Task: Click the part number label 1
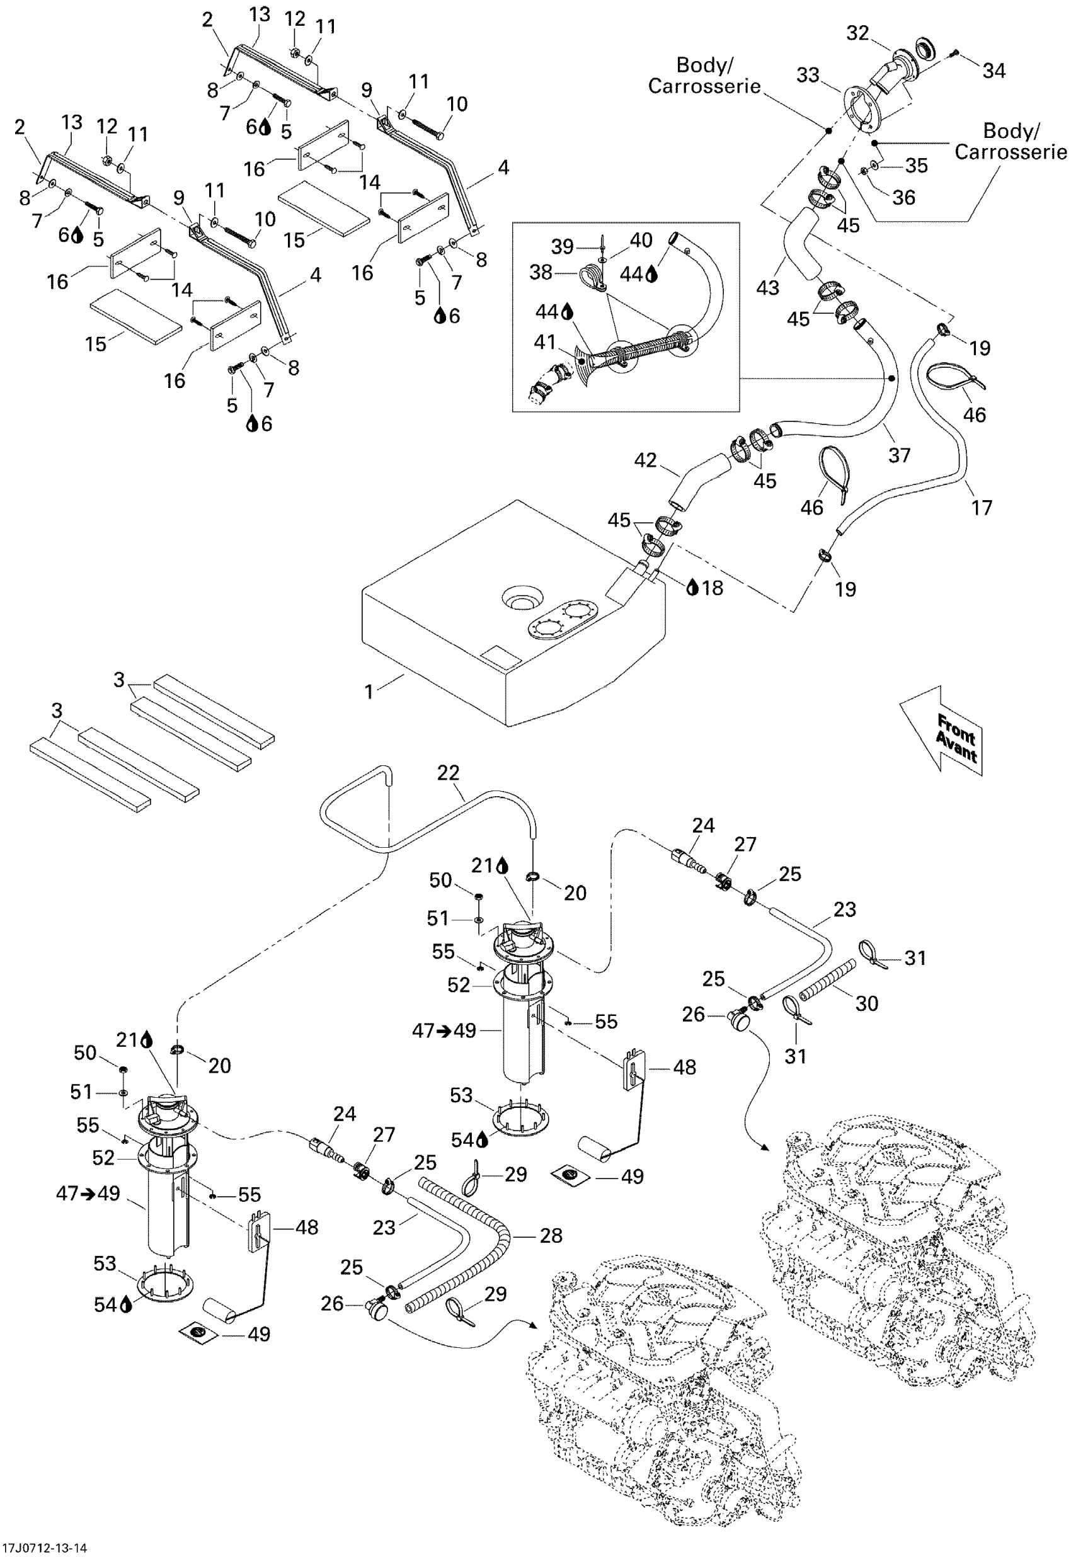coord(369,691)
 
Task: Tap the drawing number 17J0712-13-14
coord(44,1548)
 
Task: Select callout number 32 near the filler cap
coord(857,33)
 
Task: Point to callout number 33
coord(808,74)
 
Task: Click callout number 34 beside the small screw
coord(994,71)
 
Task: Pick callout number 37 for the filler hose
coord(899,455)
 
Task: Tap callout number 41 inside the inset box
coord(545,342)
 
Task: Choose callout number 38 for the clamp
coord(541,271)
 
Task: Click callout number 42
coord(646,460)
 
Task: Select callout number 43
coord(768,287)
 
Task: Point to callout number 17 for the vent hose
coord(982,508)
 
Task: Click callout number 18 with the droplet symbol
coord(712,588)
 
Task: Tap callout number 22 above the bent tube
coord(449,773)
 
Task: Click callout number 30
coord(866,1003)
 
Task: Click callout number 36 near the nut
coord(904,197)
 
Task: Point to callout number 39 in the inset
coord(563,247)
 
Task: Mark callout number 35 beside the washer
coord(917,165)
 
